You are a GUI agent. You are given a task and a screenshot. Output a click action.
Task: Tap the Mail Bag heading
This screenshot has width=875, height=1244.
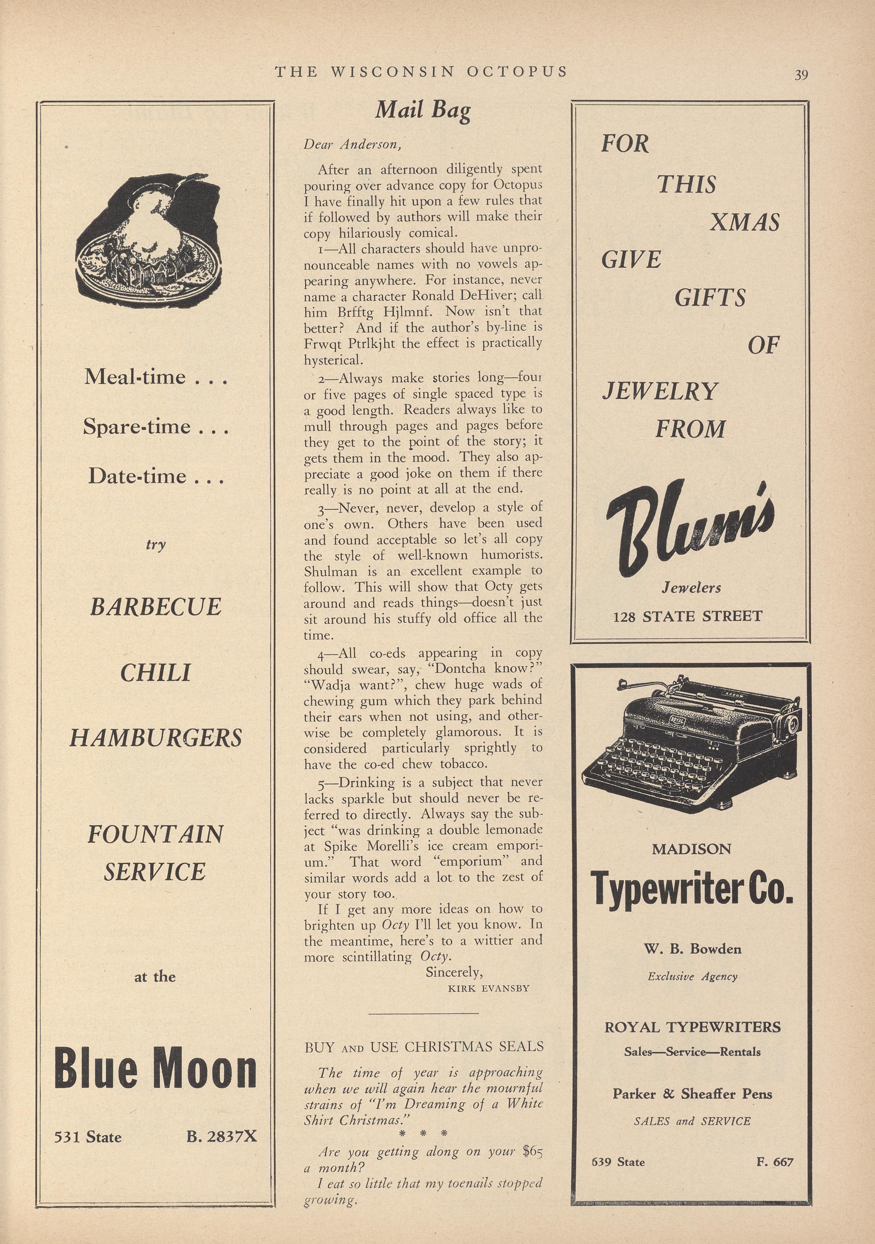coord(423,110)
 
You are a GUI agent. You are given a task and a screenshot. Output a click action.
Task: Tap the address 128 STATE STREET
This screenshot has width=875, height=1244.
coord(688,616)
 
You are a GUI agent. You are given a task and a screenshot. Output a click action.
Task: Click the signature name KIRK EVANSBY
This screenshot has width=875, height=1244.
coord(488,988)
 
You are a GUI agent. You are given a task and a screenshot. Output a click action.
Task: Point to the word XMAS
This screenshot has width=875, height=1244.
coord(744,222)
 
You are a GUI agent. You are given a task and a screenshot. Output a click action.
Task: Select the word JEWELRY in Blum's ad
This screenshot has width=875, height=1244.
coord(660,391)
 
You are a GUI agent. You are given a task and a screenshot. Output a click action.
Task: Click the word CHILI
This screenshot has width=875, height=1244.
coord(156,673)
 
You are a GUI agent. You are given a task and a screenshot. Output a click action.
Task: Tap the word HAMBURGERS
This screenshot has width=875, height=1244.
coord(156,738)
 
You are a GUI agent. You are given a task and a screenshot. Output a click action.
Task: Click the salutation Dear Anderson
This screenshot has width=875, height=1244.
coord(352,145)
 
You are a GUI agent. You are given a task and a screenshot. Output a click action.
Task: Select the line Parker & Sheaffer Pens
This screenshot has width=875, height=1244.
coord(692,1094)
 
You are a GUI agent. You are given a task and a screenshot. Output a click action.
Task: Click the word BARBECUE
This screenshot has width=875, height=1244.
coord(156,607)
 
